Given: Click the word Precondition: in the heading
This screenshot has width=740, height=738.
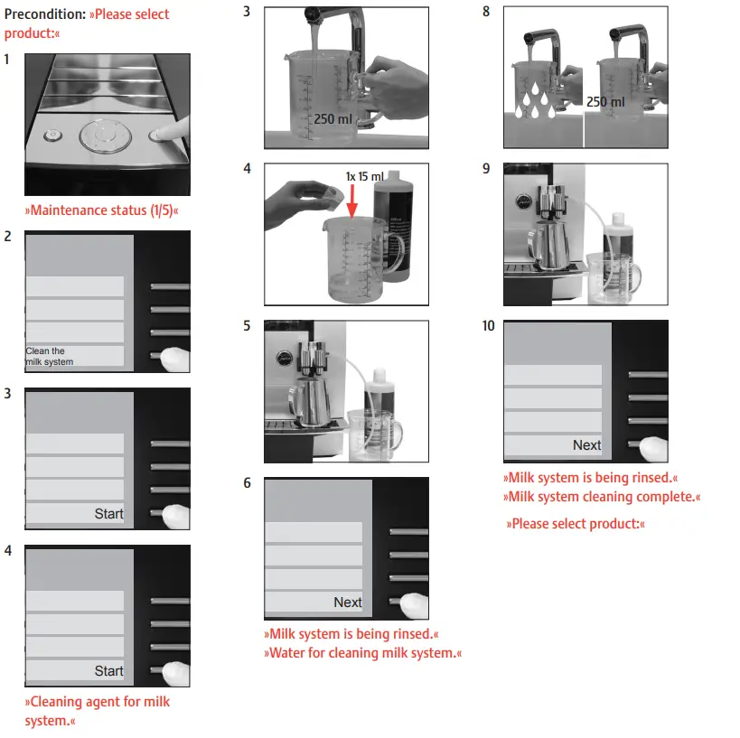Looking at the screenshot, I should coord(44,14).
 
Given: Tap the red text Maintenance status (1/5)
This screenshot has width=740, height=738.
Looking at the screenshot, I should coord(101,210).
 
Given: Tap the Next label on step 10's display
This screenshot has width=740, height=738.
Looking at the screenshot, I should coord(586,445).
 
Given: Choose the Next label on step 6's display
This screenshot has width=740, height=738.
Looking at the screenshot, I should coord(347,603).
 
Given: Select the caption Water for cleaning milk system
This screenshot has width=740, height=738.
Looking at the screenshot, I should coord(362,653).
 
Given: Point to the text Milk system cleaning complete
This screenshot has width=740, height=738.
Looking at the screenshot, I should coord(601,497).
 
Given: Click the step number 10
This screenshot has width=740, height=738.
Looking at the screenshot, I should coord(489,326).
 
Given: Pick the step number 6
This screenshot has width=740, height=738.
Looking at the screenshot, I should coord(248,483).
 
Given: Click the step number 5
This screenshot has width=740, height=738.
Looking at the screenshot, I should coord(248,326).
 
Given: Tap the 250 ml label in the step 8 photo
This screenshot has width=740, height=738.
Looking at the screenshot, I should coord(604,102).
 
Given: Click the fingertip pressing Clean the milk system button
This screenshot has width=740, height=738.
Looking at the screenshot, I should coord(175,358).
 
